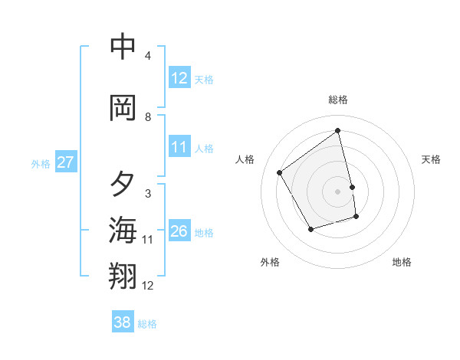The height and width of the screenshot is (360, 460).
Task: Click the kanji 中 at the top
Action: pos(123,47)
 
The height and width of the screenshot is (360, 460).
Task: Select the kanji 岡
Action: pos(123,108)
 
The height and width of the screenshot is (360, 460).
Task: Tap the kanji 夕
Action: pos(123,184)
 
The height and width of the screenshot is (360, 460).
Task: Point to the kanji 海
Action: pos(123,230)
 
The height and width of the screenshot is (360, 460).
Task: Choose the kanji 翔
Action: pos(123,276)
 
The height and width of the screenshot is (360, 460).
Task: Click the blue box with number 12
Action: pos(179,78)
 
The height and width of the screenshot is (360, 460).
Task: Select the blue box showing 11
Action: pos(179,147)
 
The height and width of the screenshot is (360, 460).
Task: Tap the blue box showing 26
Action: pos(179,231)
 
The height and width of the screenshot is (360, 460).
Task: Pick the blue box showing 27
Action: pos(65,162)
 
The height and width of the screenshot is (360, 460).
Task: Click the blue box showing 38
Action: pos(123,322)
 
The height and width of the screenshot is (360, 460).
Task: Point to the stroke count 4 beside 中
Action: pos(148,56)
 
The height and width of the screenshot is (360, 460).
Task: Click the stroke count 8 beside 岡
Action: pos(148,117)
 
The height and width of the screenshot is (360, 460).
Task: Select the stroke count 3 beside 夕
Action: pos(148,194)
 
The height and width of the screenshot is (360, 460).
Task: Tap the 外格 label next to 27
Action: pos(41,163)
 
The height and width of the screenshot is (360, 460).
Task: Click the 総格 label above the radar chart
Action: pos(338,100)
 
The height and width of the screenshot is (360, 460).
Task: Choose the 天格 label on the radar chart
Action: pos(432,159)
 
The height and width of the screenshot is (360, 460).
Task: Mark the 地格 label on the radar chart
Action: pos(402,262)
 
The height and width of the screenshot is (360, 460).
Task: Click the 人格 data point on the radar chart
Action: pos(280,172)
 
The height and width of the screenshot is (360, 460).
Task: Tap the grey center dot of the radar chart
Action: pos(338,191)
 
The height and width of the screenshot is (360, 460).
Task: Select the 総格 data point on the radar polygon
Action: pos(338,131)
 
